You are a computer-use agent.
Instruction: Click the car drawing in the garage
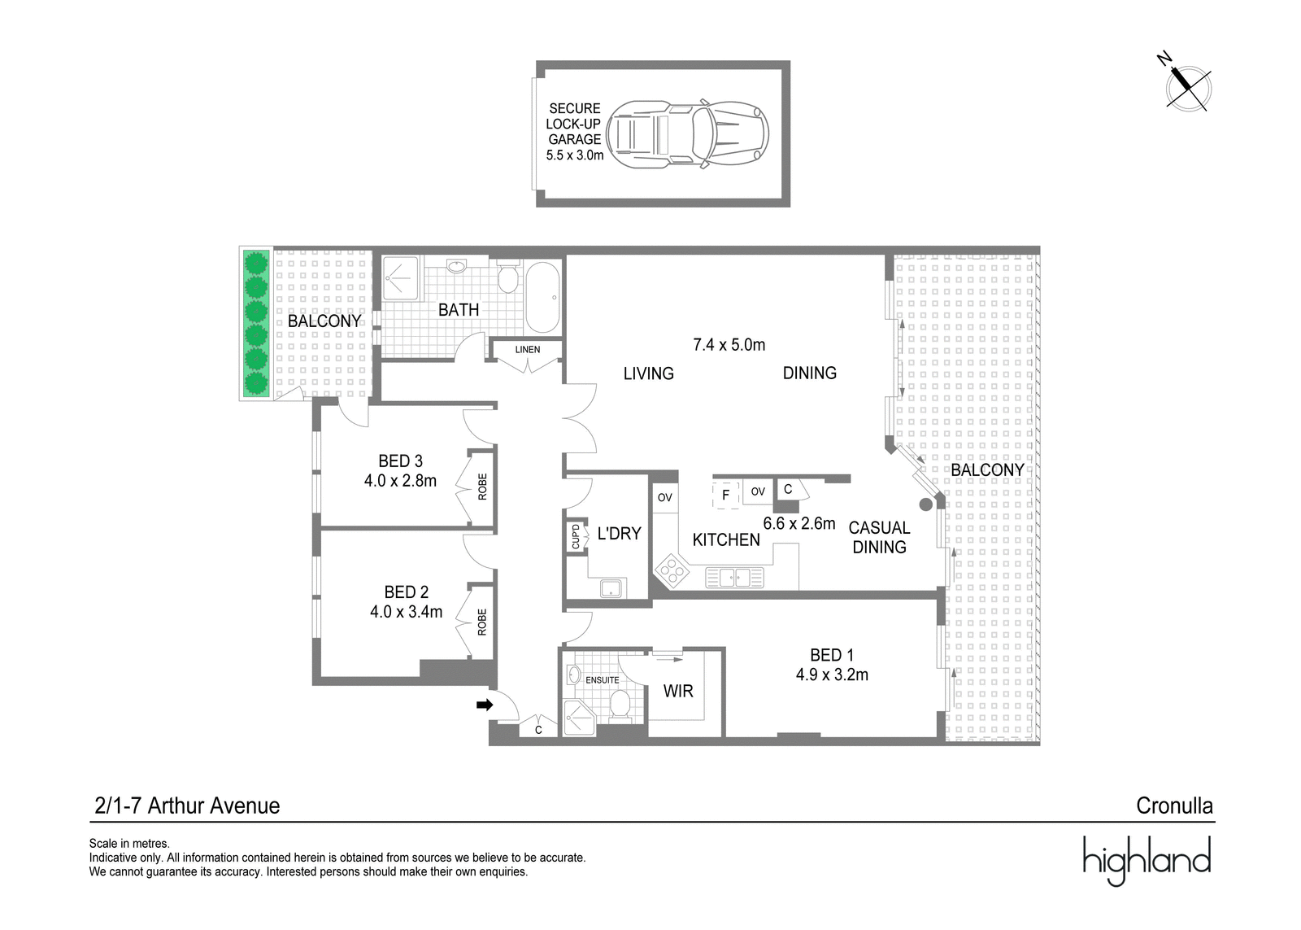688,134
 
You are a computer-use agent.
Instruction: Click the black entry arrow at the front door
485,705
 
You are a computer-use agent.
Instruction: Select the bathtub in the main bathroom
542,297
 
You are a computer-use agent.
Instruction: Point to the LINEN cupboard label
528,349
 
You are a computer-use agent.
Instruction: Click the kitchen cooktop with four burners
672,571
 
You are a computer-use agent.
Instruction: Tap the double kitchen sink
735,578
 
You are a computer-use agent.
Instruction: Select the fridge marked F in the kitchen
726,495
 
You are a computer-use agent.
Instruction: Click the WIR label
678,691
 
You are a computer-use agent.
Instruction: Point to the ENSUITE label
603,680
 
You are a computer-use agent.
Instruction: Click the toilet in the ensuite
620,707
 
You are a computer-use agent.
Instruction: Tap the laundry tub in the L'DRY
612,588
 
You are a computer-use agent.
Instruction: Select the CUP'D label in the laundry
576,536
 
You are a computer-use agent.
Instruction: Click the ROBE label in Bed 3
483,487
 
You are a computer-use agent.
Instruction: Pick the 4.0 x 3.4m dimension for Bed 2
406,612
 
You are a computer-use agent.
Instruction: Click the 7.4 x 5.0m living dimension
729,345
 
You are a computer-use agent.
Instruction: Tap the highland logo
1147,860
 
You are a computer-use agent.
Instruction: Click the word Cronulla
1174,806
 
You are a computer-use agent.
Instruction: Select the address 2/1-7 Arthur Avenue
187,806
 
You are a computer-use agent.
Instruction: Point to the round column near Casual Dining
926,504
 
